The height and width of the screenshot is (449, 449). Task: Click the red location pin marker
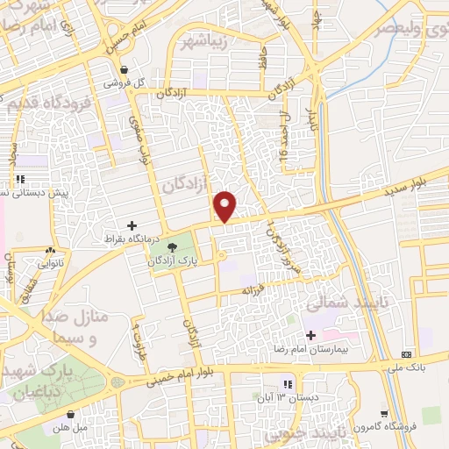click(x=225, y=206)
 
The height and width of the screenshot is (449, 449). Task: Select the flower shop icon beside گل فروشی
click(x=125, y=70)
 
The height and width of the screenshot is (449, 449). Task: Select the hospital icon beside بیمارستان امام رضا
click(x=310, y=336)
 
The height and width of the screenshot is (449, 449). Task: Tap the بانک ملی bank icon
click(x=405, y=352)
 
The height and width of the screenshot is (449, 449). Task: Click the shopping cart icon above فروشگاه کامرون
click(x=384, y=414)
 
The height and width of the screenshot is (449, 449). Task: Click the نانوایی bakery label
click(x=48, y=262)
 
